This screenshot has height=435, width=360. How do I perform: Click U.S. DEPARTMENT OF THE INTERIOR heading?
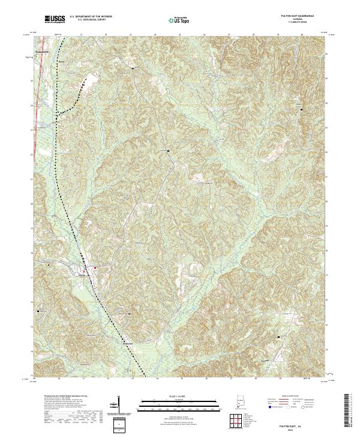[x=91, y=16]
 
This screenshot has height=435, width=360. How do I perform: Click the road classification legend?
[x=294, y=402]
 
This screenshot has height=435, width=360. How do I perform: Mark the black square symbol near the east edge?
[x=302, y=110]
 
